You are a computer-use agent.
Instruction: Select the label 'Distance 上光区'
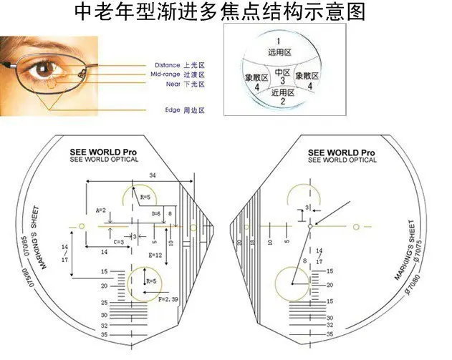(179, 64)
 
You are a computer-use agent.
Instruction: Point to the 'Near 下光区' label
(185, 84)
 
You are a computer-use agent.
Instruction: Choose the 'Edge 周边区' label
(185, 110)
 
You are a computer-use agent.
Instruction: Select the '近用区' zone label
(282, 92)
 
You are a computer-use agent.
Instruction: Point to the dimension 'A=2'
(101, 210)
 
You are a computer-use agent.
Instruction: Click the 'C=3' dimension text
(120, 243)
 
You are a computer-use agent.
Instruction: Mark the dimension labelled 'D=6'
(155, 214)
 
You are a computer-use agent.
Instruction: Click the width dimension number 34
(151, 175)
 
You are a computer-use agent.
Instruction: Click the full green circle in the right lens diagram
(293, 284)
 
